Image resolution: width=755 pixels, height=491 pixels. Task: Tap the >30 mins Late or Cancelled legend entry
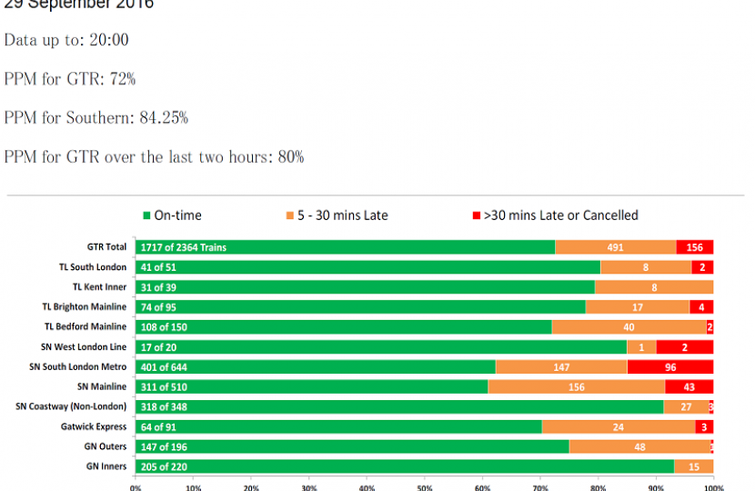pyautogui.click(x=554, y=215)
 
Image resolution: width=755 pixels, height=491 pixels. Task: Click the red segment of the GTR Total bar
pyautogui.click(x=694, y=247)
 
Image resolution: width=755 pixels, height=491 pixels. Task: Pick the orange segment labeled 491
pyautogui.click(x=615, y=247)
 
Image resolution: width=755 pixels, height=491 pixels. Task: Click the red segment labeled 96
pyautogui.click(x=670, y=366)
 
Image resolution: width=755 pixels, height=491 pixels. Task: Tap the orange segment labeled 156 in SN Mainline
pyautogui.click(x=576, y=386)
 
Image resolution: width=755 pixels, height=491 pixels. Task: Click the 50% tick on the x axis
pyautogui.click(x=425, y=487)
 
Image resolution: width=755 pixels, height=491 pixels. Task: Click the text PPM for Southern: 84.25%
pyautogui.click(x=96, y=117)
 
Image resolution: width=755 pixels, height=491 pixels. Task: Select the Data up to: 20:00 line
pyautogui.click(x=66, y=40)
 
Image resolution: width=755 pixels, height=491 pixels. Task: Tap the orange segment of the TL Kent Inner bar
pyautogui.click(x=653, y=287)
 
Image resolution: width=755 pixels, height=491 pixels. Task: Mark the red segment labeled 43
pyautogui.click(x=689, y=386)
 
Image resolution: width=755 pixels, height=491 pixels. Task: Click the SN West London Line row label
pyautogui.click(x=79, y=346)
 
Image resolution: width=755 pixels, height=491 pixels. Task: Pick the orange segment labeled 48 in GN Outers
pyautogui.click(x=639, y=446)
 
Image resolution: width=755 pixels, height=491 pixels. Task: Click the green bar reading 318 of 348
pyautogui.click(x=399, y=406)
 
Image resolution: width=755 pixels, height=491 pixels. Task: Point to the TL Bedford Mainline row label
pyautogui.click(x=85, y=326)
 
